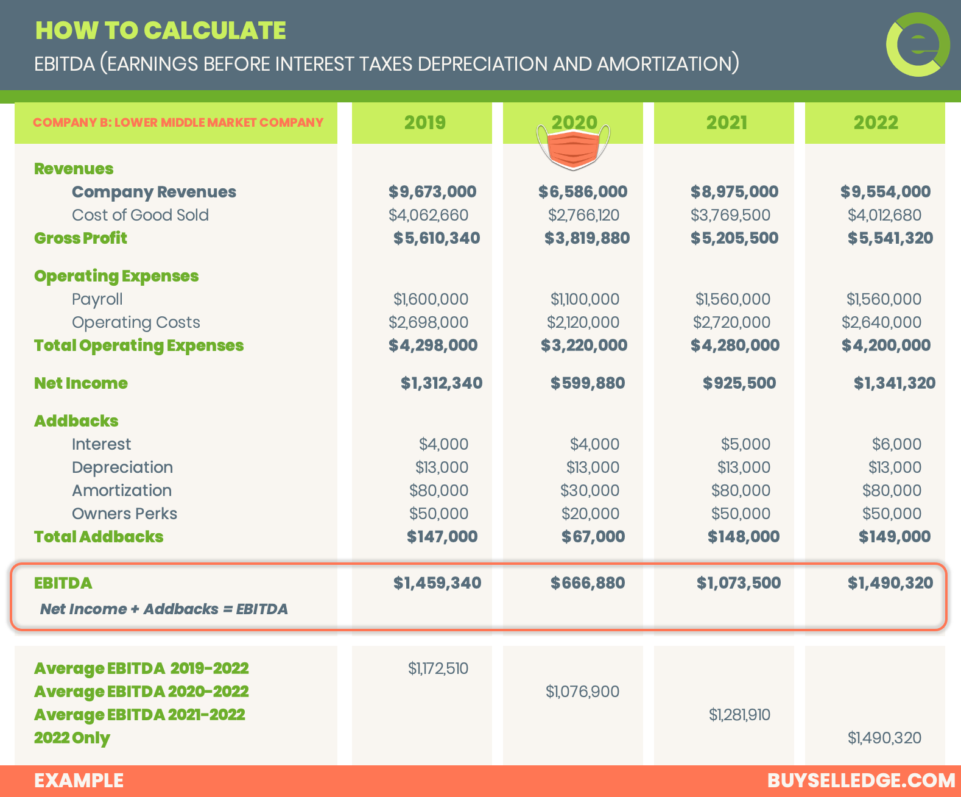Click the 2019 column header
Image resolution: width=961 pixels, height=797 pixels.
[424, 122]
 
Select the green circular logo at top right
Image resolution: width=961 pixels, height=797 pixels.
[918, 44]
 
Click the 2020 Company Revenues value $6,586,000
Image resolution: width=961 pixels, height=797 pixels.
[582, 192]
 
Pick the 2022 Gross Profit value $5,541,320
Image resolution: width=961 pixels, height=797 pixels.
[890, 238]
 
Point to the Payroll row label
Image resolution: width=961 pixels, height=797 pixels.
[97, 299]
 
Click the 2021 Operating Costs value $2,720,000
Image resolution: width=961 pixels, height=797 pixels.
[731, 322]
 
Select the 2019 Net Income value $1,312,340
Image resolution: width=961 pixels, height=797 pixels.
[441, 383]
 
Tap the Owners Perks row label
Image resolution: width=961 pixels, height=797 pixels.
[124, 514]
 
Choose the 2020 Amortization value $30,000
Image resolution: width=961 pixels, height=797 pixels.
[590, 491]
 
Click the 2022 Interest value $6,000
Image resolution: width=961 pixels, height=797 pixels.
[896, 444]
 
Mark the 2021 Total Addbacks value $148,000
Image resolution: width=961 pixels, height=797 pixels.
[743, 537]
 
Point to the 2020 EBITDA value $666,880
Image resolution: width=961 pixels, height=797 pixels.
[587, 583]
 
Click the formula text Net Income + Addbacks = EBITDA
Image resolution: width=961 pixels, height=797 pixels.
[164, 609]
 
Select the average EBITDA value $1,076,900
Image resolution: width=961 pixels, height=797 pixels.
[582, 692]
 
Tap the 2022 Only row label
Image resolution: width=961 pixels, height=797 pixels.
[72, 738]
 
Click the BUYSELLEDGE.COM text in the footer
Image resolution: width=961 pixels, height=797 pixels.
[861, 781]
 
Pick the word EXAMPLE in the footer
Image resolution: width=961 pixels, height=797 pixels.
[79, 781]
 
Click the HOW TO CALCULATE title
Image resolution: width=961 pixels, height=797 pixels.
[161, 30]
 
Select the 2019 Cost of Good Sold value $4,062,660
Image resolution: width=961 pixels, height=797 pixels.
[428, 215]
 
